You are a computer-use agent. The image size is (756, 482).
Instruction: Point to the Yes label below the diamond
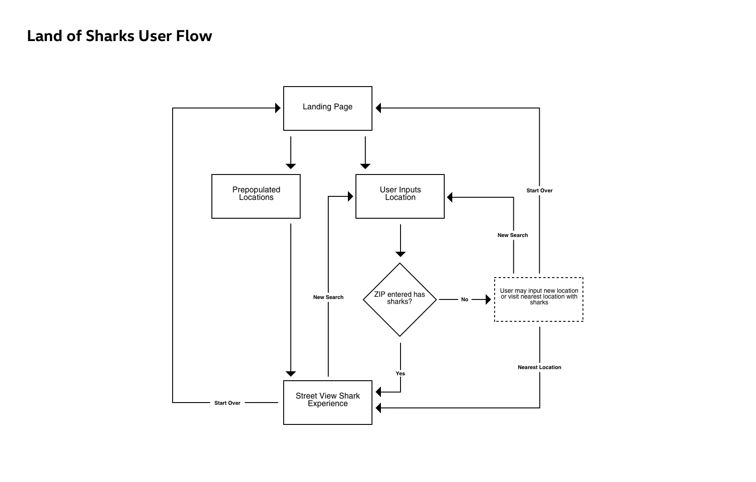pyautogui.click(x=400, y=374)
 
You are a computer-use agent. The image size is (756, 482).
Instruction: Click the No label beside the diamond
pyautogui.click(x=465, y=299)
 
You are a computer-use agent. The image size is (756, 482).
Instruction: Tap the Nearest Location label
pyautogui.click(x=539, y=367)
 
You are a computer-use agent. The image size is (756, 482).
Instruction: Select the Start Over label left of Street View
pyautogui.click(x=227, y=403)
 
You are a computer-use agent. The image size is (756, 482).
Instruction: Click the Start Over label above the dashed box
pyautogui.click(x=539, y=191)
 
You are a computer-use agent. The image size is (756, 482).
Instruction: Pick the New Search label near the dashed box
pyautogui.click(x=512, y=235)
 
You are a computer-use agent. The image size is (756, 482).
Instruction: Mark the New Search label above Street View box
pyautogui.click(x=328, y=297)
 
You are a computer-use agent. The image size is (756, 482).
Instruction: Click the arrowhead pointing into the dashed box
pyautogui.click(x=488, y=299)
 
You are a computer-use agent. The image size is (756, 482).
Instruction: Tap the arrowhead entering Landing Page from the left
pyautogui.click(x=278, y=108)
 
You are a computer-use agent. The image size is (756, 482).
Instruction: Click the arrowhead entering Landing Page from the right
pyautogui.click(x=378, y=108)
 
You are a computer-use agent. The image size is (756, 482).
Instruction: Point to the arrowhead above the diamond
pyautogui.click(x=400, y=254)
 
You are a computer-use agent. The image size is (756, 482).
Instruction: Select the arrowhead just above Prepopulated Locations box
pyautogui.click(x=291, y=166)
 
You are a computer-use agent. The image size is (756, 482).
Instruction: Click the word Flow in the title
pyautogui.click(x=194, y=36)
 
